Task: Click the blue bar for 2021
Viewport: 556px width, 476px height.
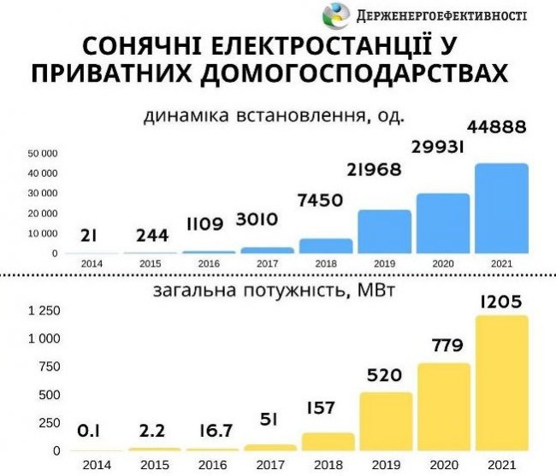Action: tap(501, 209)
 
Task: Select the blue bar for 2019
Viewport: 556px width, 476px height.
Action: tap(384, 232)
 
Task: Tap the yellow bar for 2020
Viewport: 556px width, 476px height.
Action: tap(443, 407)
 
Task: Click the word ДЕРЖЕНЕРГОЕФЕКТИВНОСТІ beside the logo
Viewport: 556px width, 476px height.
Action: tap(442, 16)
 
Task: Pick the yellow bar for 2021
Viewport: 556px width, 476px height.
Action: tap(502, 384)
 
